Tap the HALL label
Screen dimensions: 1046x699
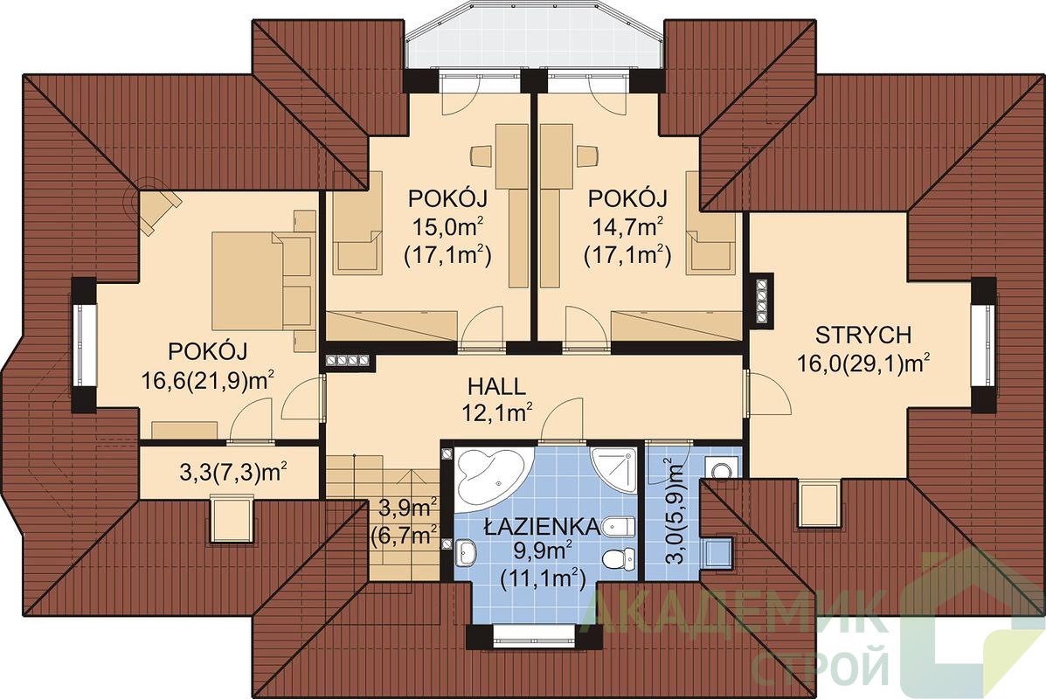pyautogui.click(x=496, y=386)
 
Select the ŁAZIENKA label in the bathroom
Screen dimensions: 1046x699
pyautogui.click(x=542, y=527)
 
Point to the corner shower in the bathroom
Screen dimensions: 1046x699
pyautogui.click(x=614, y=469)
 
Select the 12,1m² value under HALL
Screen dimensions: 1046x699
pyautogui.click(x=497, y=413)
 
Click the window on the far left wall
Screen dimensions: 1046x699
pyautogui.click(x=85, y=344)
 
